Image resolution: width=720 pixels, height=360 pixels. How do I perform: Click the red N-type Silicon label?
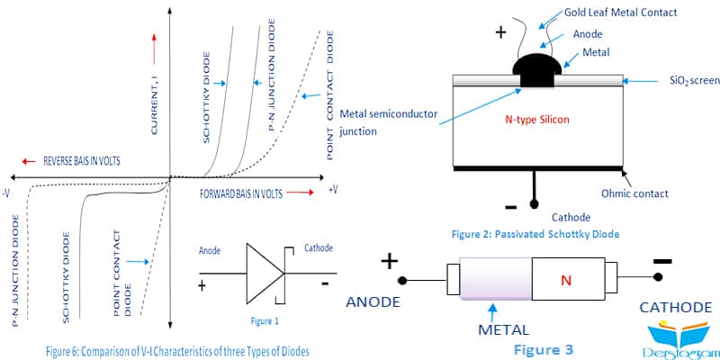point(536,120)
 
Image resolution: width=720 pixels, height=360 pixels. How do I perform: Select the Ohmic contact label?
point(634,193)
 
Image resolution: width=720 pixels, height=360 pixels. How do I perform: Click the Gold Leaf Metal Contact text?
point(620,13)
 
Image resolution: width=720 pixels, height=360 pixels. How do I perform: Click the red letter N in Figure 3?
point(566,280)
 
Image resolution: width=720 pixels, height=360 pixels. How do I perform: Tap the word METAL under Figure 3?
point(503,329)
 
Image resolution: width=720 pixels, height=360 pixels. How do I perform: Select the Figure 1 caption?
point(265,321)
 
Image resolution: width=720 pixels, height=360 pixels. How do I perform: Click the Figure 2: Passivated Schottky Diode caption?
point(535,234)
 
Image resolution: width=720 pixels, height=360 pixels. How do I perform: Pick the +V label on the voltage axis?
point(333,189)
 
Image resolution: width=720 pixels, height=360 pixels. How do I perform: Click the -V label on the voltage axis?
point(6,193)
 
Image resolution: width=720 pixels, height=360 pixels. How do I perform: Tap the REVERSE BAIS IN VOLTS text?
point(82,161)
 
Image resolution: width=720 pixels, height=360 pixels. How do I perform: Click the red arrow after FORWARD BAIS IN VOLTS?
point(301,193)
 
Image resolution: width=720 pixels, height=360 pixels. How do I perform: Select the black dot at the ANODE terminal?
point(401,280)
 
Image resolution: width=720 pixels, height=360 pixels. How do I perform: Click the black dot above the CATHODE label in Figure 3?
point(658,277)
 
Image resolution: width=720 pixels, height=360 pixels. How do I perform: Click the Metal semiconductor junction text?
point(389,122)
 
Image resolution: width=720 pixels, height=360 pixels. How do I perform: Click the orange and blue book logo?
point(679,337)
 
